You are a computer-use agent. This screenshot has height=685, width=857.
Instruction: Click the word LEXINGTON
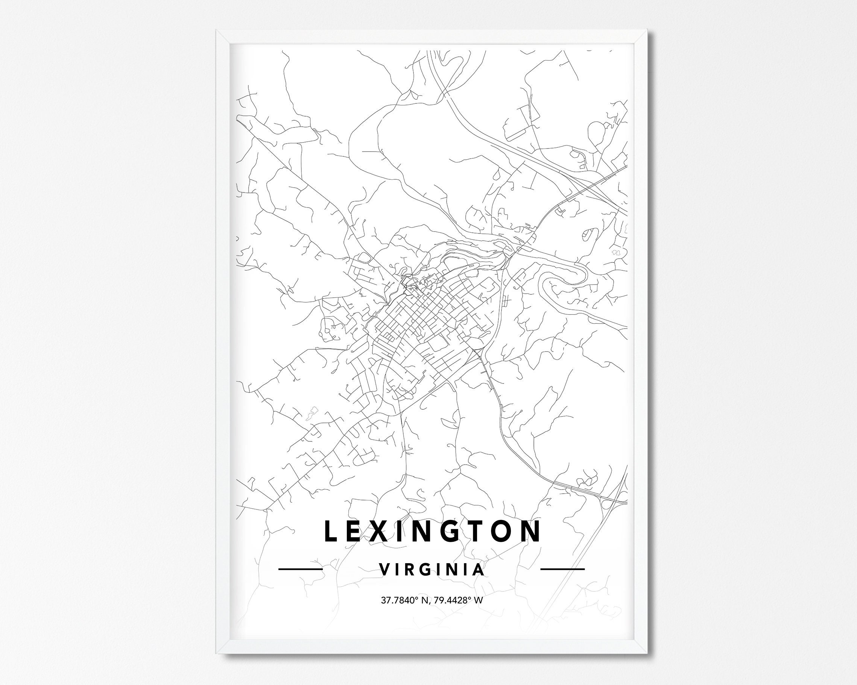[x=433, y=531]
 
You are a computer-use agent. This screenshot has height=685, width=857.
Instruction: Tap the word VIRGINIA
[x=432, y=569]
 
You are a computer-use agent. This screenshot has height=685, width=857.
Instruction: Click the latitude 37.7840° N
[x=404, y=600]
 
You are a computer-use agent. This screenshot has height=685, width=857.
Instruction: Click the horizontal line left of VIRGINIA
[x=300, y=569]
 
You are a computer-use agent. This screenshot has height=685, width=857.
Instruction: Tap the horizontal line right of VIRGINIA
[x=562, y=569]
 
